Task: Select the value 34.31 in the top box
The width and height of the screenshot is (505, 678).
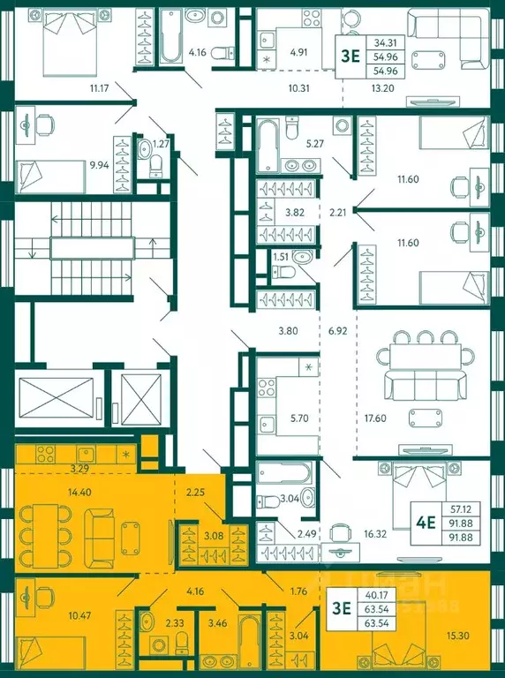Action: pos(384,42)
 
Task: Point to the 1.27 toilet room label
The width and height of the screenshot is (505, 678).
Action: pos(161,143)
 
